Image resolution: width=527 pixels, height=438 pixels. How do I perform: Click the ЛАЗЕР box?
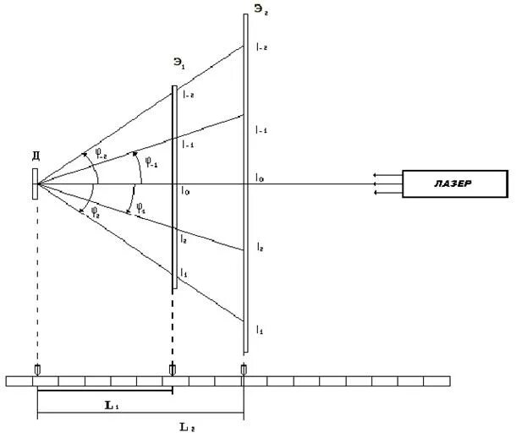[x=455, y=184]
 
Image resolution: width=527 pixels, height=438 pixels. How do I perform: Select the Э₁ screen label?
[x=178, y=63]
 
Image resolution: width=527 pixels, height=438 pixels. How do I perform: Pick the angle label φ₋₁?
[x=151, y=162]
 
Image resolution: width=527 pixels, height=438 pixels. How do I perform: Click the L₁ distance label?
[x=112, y=405]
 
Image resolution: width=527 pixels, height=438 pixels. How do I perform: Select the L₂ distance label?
[x=189, y=428]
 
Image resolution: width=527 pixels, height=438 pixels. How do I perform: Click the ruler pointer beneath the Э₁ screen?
[x=173, y=370]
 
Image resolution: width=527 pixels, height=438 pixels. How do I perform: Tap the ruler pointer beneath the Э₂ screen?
[x=244, y=370]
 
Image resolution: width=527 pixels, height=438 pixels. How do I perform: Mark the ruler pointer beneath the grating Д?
[x=36, y=370]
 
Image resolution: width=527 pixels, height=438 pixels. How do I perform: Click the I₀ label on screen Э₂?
[x=259, y=178]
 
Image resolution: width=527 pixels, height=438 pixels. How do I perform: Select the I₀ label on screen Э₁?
[x=184, y=191]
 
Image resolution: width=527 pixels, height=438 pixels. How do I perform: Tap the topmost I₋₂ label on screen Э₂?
[x=261, y=47]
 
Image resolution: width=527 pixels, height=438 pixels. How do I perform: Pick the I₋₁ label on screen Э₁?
[x=188, y=145]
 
